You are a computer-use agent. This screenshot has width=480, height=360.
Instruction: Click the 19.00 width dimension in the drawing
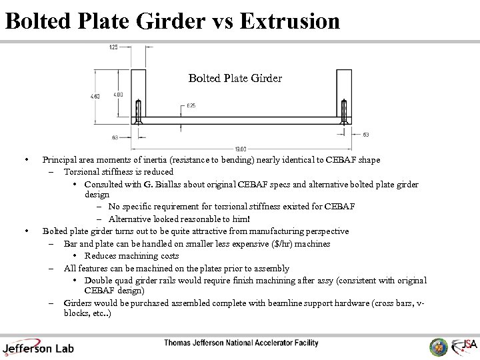241,149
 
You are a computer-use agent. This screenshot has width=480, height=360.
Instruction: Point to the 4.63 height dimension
96,97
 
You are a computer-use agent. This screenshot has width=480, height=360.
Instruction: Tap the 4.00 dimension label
118,95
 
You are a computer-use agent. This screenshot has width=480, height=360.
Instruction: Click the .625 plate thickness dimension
191,106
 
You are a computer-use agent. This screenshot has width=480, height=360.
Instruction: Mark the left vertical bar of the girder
138,93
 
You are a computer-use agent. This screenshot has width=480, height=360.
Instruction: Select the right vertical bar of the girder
344,93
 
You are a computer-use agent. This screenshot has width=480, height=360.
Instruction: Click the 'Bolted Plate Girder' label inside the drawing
235,79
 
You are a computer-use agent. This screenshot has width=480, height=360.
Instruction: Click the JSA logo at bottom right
464,346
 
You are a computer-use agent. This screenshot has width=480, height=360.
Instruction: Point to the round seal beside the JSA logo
439,347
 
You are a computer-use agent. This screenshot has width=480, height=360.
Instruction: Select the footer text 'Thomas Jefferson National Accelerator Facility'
241,343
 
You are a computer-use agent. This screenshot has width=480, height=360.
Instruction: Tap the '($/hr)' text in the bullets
272,244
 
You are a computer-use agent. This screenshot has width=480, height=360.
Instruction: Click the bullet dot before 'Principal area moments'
25,160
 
